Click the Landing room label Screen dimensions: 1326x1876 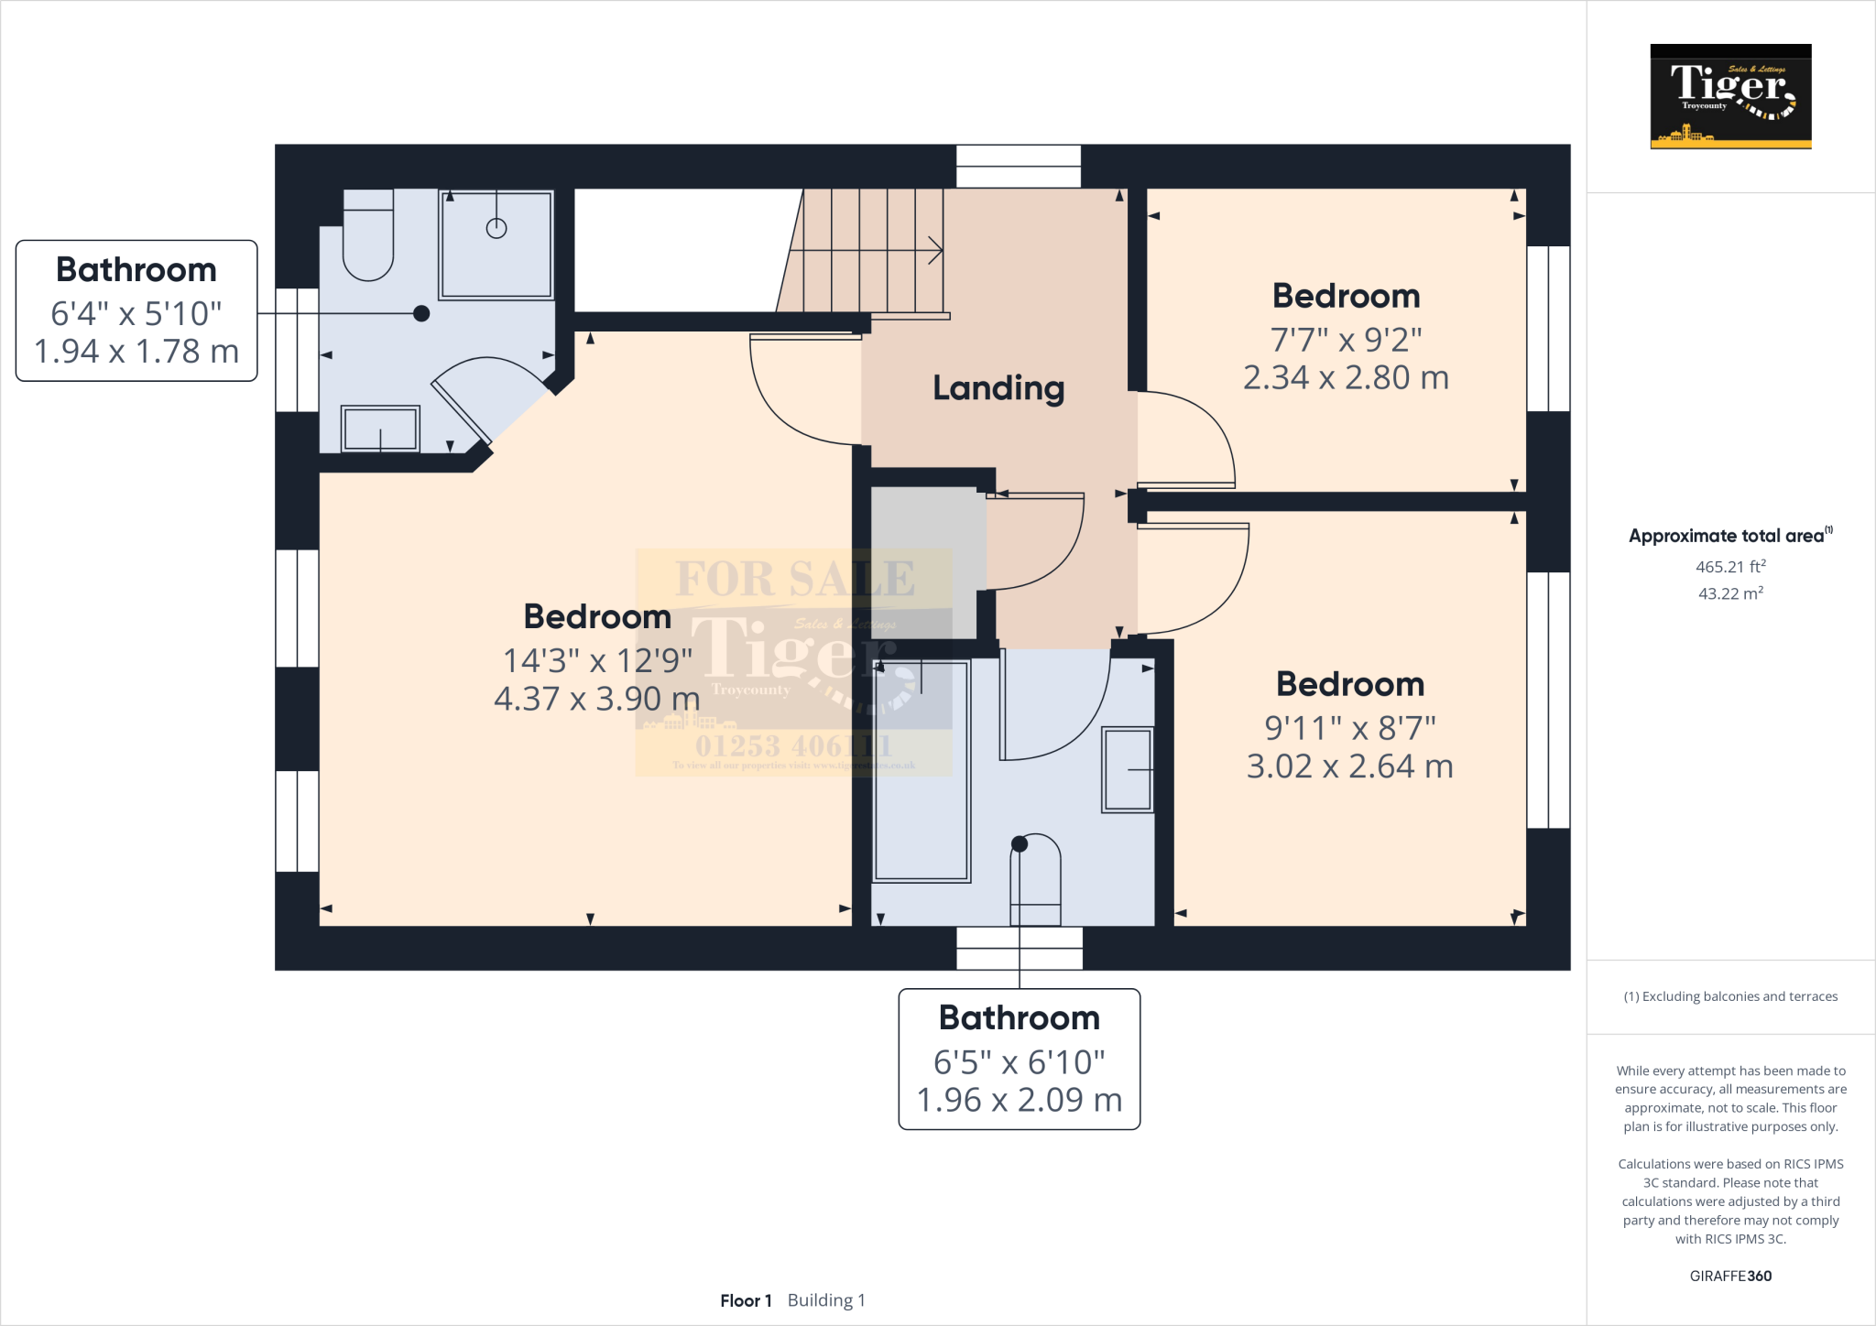[x=998, y=388]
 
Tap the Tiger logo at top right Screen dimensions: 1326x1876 [x=1730, y=96]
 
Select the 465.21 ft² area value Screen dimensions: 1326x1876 [x=1730, y=567]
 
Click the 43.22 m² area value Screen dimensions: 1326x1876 [x=1730, y=593]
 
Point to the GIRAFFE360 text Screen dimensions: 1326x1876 [x=1730, y=1276]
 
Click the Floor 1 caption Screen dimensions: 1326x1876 [x=746, y=1300]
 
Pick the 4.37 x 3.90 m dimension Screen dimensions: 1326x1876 [x=596, y=700]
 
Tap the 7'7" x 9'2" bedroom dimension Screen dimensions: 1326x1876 [x=1346, y=340]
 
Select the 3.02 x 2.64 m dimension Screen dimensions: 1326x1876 [x=1349, y=766]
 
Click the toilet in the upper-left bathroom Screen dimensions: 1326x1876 [x=368, y=238]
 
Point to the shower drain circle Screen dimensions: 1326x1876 [x=496, y=228]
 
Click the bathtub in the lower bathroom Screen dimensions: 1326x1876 [x=921, y=771]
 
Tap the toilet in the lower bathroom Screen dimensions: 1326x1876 [x=1035, y=879]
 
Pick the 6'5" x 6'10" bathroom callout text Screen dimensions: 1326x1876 [x=1019, y=1062]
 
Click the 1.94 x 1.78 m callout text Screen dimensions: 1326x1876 [x=136, y=352]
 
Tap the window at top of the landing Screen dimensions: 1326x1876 [x=1019, y=167]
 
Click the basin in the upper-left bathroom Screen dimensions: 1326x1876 [x=380, y=429]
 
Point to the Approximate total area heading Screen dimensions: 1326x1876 [x=1727, y=537]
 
